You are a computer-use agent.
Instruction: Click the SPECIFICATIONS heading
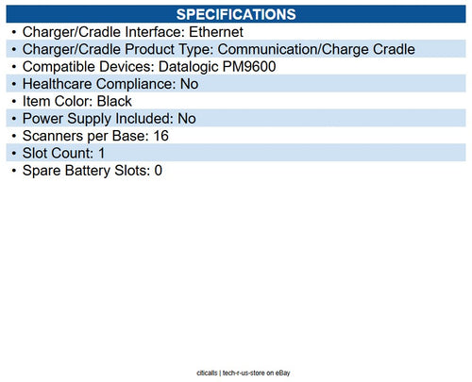pyautogui.click(x=236, y=14)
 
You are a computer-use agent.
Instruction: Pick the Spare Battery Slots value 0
pyautogui.click(x=158, y=171)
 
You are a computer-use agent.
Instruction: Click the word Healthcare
pyautogui.click(x=60, y=84)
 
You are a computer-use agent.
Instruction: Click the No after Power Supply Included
pyautogui.click(x=186, y=119)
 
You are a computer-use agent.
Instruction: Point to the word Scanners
pyautogui.click(x=55, y=136)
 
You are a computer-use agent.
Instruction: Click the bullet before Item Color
pyautogui.click(x=12, y=101)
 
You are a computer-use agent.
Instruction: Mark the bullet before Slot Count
pyautogui.click(x=12, y=153)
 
